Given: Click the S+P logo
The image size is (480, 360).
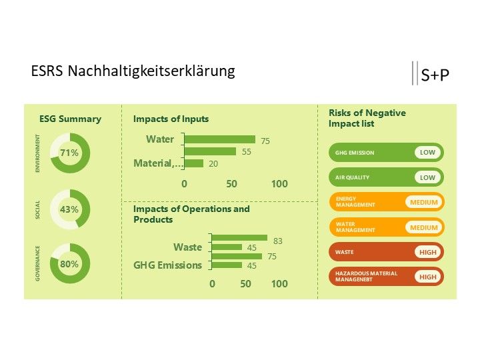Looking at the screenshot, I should tap(435, 75).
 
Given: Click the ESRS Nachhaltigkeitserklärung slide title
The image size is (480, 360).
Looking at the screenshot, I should tap(133, 71).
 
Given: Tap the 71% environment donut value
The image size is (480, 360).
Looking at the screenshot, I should tap(69, 153).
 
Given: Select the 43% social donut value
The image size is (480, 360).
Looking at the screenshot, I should tap(69, 209).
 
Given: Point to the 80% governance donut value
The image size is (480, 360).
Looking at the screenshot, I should tap(69, 264).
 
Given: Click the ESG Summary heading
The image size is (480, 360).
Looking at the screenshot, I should tap(71, 119).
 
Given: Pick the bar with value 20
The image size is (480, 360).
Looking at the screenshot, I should tap(193, 163).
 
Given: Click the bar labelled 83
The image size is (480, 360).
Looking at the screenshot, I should tap(239, 238).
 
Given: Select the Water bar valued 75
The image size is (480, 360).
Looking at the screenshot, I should tap(219, 139).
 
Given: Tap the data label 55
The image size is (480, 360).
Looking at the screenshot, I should tap(246, 152).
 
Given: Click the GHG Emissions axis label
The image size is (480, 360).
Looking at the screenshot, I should tap(168, 265).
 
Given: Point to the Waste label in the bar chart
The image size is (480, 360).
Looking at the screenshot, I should tap(187, 247).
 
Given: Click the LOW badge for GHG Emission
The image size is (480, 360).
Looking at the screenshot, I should tap(427, 153).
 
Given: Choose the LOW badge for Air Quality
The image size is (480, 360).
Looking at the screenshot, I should tap(427, 177).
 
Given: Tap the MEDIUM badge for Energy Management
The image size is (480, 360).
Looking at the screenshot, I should tap(424, 203).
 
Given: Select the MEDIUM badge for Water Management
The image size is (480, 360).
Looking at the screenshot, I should tap(424, 227).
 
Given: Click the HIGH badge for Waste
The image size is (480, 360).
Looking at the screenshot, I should tap(427, 253).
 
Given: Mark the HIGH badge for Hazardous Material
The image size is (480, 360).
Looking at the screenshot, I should tap(427, 277).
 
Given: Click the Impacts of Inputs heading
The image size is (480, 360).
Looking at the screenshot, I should tap(171, 119).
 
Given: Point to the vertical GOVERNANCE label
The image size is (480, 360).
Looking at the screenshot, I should tap(38, 263).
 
